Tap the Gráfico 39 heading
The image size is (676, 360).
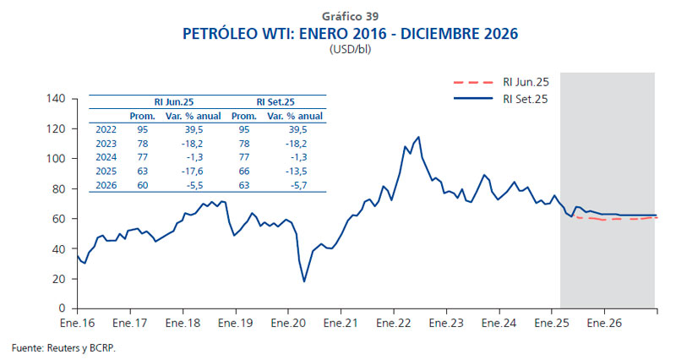pyautogui.click(x=350, y=16)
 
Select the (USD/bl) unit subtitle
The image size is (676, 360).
pyautogui.click(x=350, y=50)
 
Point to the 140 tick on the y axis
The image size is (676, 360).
pyautogui.click(x=56, y=99)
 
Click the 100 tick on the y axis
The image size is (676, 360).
pyautogui.click(x=56, y=159)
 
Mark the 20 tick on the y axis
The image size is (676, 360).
pyautogui.click(x=59, y=279)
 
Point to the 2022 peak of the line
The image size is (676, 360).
pyautogui.click(x=418, y=137)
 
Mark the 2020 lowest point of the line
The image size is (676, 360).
pyautogui.click(x=304, y=281)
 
